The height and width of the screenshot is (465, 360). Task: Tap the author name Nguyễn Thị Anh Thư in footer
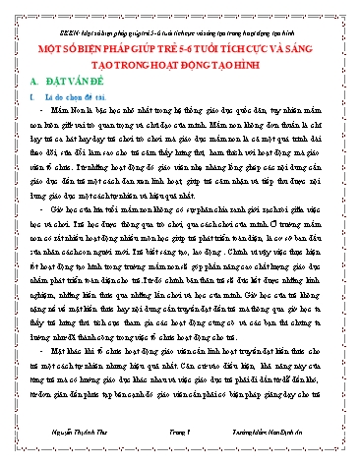67,444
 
